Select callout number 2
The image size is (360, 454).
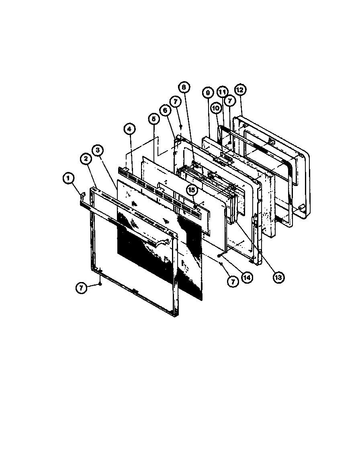(x=85, y=159)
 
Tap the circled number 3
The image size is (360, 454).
(x=97, y=150)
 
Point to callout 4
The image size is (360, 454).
(x=129, y=129)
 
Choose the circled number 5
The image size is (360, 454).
(x=153, y=119)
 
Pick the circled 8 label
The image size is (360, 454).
(x=184, y=86)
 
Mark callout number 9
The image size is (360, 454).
(x=208, y=93)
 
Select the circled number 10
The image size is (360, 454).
(x=216, y=109)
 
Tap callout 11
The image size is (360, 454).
(x=221, y=92)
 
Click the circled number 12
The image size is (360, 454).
(x=240, y=90)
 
